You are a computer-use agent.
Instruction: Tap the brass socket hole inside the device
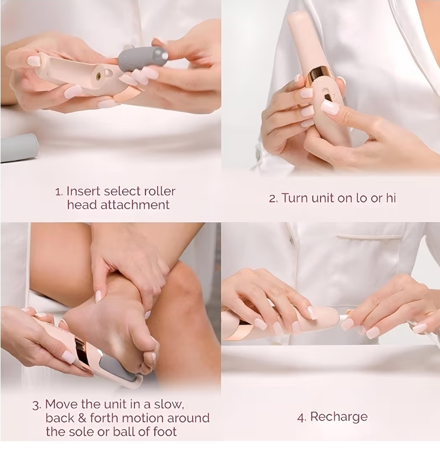pyautogui.click(x=98, y=76)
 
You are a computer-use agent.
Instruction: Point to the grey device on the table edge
pyautogui.click(x=19, y=147)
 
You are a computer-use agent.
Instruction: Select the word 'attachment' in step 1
pyautogui.click(x=135, y=205)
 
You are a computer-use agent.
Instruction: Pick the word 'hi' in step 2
pyautogui.click(x=391, y=198)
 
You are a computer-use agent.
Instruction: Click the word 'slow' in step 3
pyautogui.click(x=168, y=404)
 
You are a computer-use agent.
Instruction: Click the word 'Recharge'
pyautogui.click(x=339, y=417)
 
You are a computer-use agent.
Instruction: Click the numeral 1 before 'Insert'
pyautogui.click(x=58, y=192)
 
